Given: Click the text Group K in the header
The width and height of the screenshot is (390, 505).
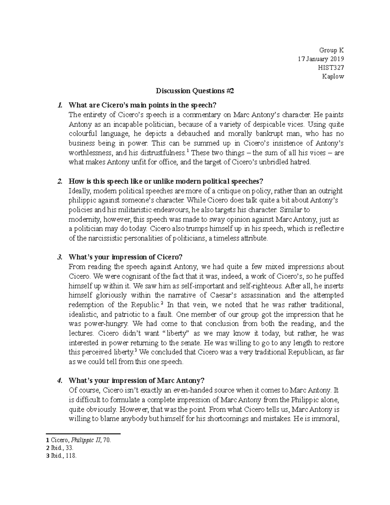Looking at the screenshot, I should click(x=331, y=50).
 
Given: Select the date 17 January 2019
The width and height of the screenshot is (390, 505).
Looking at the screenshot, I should click(x=321, y=59).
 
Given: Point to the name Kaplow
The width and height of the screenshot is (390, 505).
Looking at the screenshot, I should click(x=332, y=76).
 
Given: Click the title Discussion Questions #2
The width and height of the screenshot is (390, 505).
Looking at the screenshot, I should click(x=195, y=91).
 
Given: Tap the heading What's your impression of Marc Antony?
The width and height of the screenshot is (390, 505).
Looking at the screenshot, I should click(x=136, y=380).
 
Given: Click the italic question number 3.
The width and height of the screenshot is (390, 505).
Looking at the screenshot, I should click(x=59, y=257).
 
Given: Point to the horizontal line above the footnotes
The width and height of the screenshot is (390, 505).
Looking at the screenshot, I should click(x=84, y=433).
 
